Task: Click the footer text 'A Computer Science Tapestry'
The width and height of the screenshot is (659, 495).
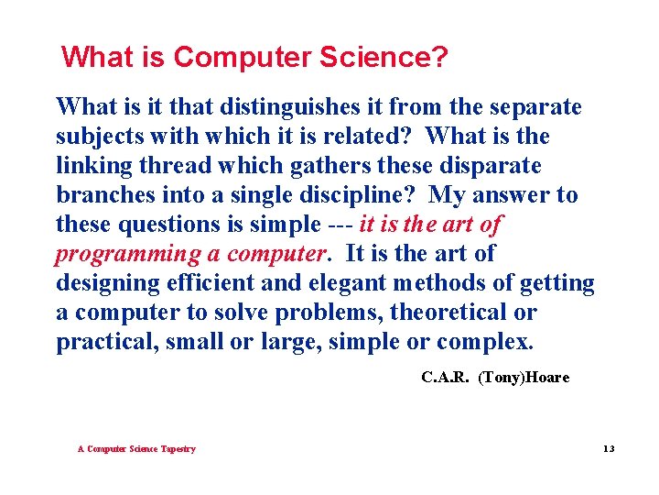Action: click(x=136, y=449)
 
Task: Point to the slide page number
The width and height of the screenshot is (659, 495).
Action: click(x=610, y=449)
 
